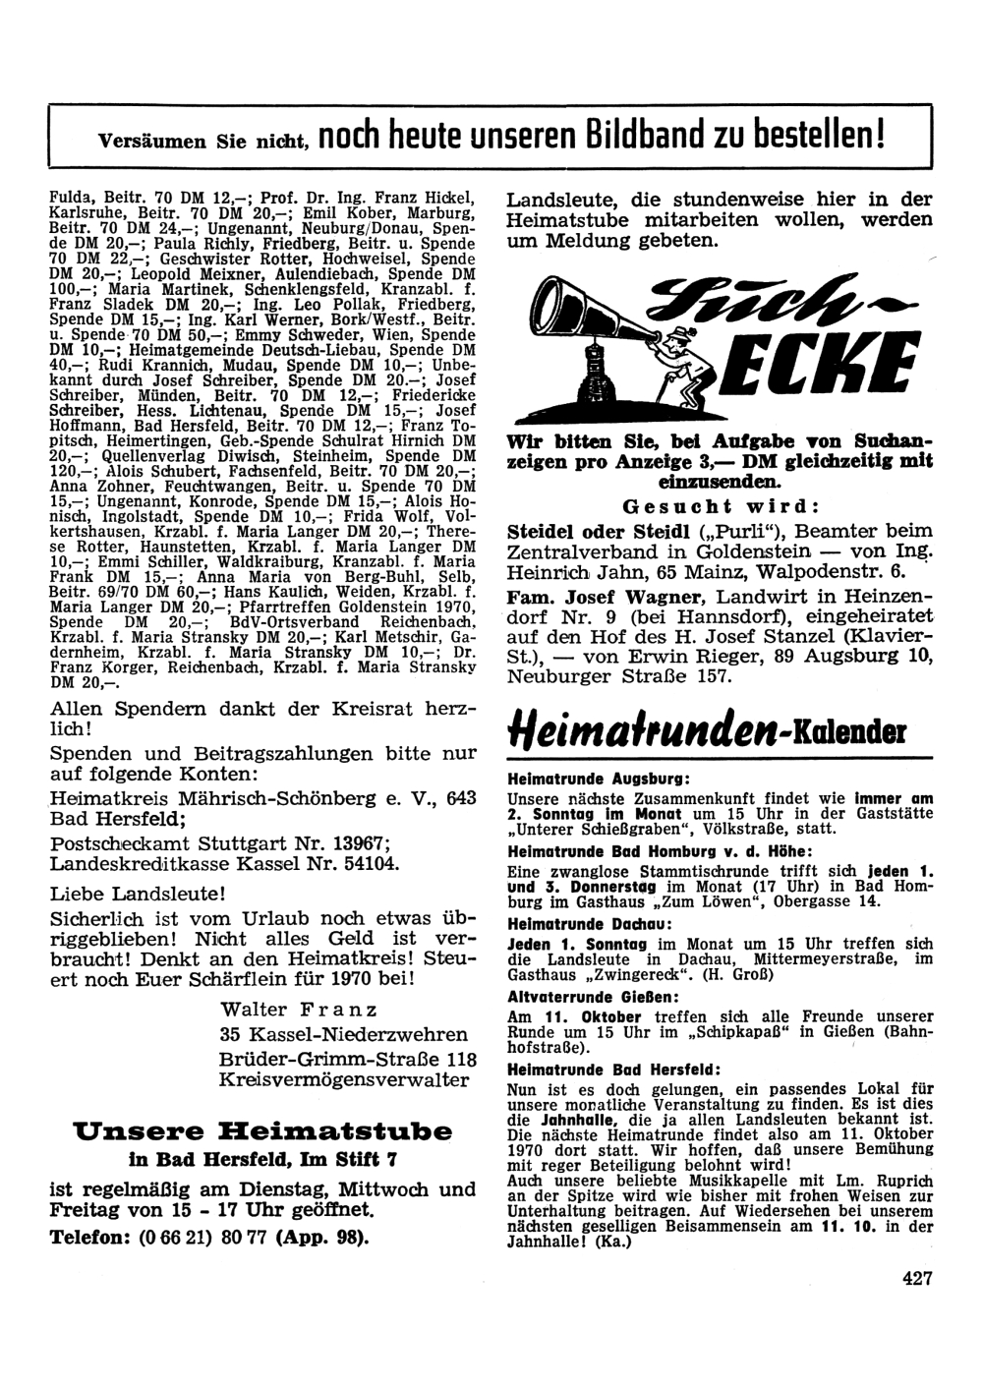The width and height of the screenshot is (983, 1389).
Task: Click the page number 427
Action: click(x=915, y=1279)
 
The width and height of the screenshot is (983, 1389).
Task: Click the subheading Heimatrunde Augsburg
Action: click(x=581, y=778)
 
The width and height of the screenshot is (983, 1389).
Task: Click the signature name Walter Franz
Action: click(x=299, y=1011)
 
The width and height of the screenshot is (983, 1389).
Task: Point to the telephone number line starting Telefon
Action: click(x=208, y=1236)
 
